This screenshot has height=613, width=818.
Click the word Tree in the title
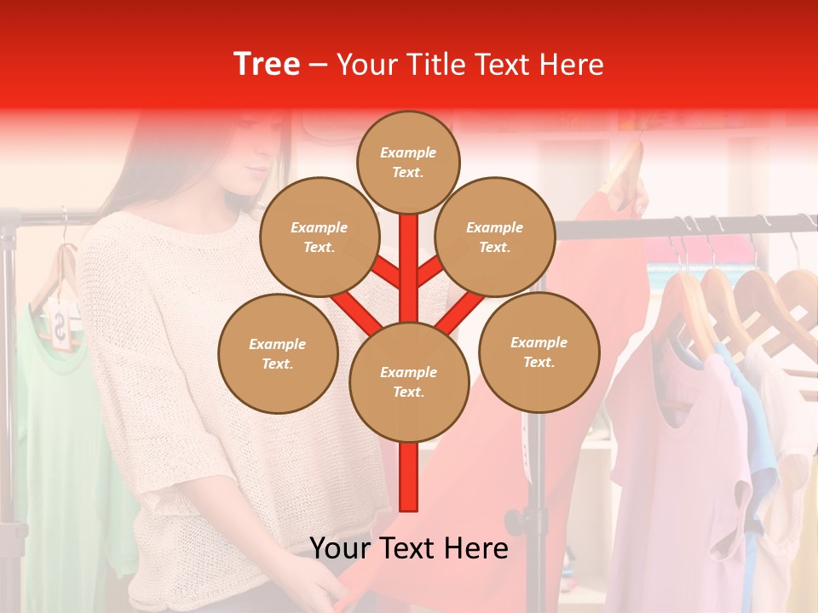pyautogui.click(x=267, y=64)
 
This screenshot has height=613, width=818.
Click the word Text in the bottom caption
pyautogui.click(x=407, y=547)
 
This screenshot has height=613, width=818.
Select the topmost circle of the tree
pyautogui.click(x=408, y=162)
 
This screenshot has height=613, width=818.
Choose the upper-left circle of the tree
pyautogui.click(x=319, y=237)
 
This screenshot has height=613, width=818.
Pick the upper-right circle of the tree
pyautogui.click(x=494, y=237)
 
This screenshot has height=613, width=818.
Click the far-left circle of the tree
pyautogui.click(x=278, y=353)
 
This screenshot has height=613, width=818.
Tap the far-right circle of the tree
pyautogui.click(x=539, y=352)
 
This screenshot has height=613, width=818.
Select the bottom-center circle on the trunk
pyautogui.click(x=408, y=381)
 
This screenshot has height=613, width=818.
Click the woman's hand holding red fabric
pyautogui.click(x=324, y=592)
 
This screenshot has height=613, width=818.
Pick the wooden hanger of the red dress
pyautogui.click(x=626, y=170)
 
